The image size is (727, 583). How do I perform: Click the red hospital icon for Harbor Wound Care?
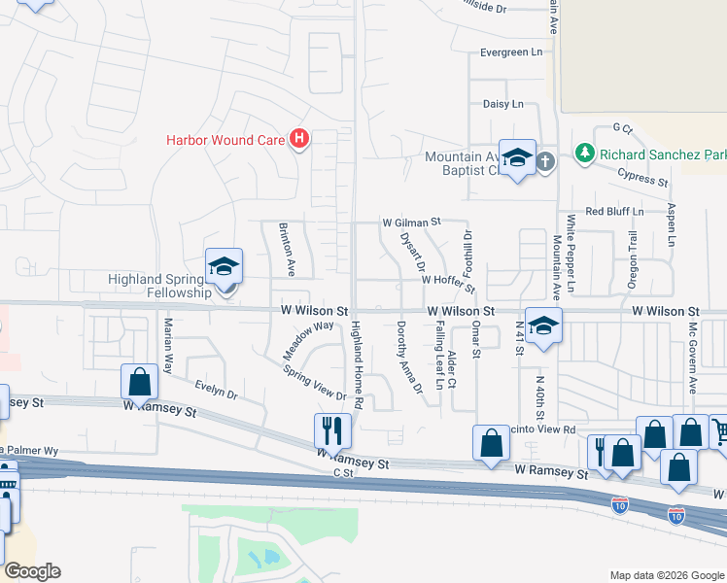click(299, 140)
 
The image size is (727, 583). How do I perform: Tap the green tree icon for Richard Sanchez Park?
click(584, 154)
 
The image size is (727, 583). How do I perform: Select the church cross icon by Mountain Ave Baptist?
click(544, 161)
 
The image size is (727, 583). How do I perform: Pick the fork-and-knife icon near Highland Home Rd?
click(332, 429)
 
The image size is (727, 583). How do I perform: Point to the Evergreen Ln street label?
click(510, 52)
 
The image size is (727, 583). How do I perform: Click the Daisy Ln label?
click(503, 104)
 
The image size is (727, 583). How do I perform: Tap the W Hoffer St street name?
click(446, 279)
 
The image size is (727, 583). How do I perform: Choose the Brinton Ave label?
click(288, 245)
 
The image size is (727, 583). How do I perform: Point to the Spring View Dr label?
click(314, 382)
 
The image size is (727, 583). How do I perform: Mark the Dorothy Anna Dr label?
click(408, 358)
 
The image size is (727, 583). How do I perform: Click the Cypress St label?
click(643, 176)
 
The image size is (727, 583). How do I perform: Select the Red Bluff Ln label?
click(613, 211)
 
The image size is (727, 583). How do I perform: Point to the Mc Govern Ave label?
click(693, 359)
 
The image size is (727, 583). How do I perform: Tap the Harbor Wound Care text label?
click(225, 140)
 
